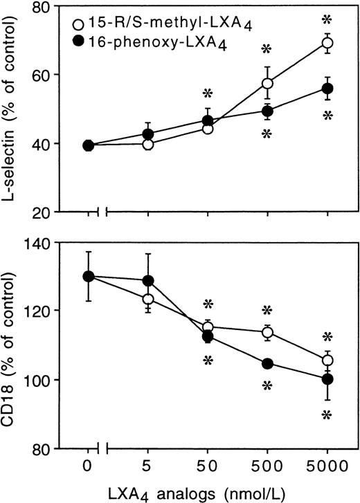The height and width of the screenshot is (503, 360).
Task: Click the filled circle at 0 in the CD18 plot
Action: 88,276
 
